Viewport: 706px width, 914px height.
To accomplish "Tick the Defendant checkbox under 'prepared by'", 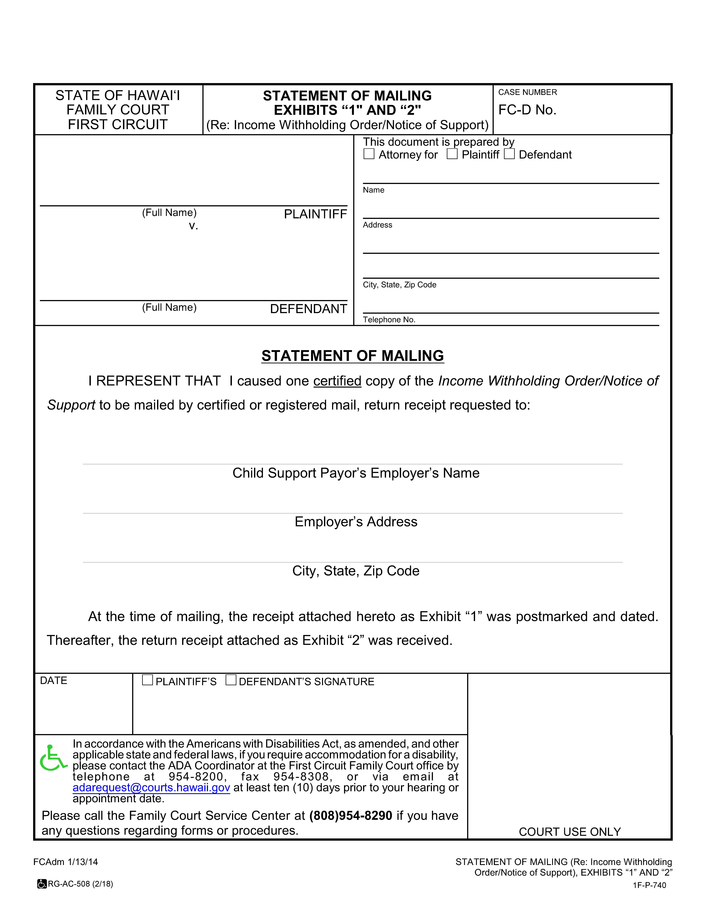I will pyautogui.click(x=509, y=154).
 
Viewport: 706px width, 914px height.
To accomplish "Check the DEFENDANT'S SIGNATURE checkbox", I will pyautogui.click(x=231, y=680).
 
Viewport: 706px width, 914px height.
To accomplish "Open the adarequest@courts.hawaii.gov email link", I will pyautogui.click(x=151, y=788).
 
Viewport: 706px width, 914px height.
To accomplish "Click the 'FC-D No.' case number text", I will pyautogui.click(x=527, y=110).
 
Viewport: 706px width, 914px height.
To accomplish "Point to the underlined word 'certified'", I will pyautogui.click(x=337, y=381).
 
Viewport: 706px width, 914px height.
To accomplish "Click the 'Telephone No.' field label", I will pyautogui.click(x=389, y=320).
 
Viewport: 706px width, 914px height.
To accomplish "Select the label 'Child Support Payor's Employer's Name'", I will pyautogui.click(x=356, y=473).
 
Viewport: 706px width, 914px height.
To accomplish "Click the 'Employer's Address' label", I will pyautogui.click(x=356, y=522).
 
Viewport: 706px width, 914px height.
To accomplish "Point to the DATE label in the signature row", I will pyautogui.click(x=54, y=680).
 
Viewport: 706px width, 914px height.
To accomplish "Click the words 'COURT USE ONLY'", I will pyautogui.click(x=570, y=832).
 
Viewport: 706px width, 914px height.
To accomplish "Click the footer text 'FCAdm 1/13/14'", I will pyautogui.click(x=66, y=862).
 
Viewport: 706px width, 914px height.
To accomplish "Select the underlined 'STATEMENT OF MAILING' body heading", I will pyautogui.click(x=353, y=356).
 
